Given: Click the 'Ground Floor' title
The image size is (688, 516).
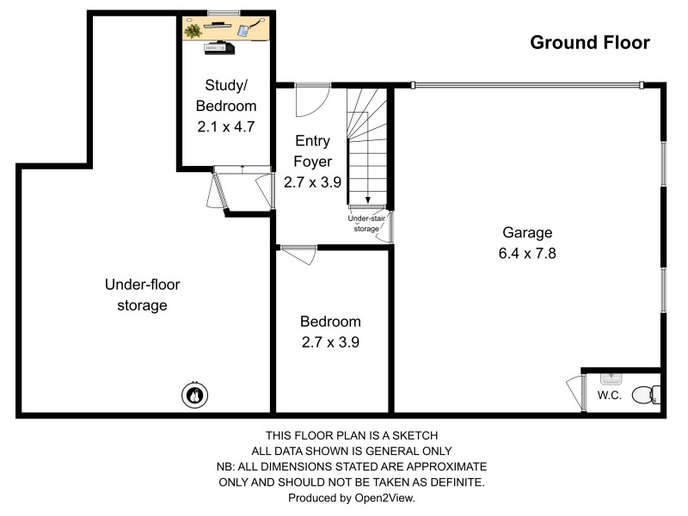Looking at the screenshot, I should tap(589, 42).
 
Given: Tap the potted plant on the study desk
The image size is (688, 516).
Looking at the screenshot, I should tap(193, 31).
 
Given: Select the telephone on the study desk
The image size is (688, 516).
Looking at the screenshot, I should tap(243, 31).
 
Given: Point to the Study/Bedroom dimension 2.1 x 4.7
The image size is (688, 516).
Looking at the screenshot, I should tap(226, 125).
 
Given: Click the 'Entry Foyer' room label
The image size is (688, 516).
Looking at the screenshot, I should tap(312, 150).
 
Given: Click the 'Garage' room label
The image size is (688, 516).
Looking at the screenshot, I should tap(527, 232).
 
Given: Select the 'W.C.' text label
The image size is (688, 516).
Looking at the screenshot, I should tap(610, 396).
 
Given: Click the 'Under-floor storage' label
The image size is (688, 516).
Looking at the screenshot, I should tap(143, 294).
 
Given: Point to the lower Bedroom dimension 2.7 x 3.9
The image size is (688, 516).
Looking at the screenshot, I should tap(330, 341).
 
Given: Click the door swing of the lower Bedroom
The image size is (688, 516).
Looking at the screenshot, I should tap(299, 255).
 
